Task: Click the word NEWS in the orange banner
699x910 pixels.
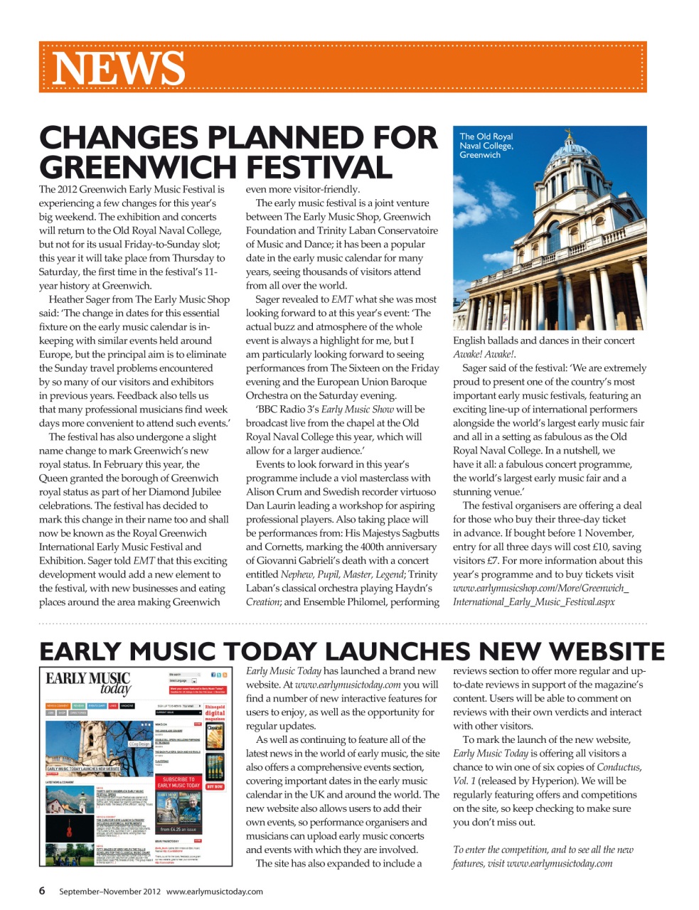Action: [x=118, y=68]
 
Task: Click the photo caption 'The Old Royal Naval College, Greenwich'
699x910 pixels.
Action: [x=486, y=146]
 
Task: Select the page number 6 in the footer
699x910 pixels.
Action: [x=43, y=891]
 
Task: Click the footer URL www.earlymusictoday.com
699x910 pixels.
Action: [x=214, y=892]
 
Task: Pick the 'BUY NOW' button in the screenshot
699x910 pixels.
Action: [x=215, y=787]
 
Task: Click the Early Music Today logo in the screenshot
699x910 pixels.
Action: [x=88, y=682]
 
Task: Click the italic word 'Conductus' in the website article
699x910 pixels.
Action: [x=618, y=767]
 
